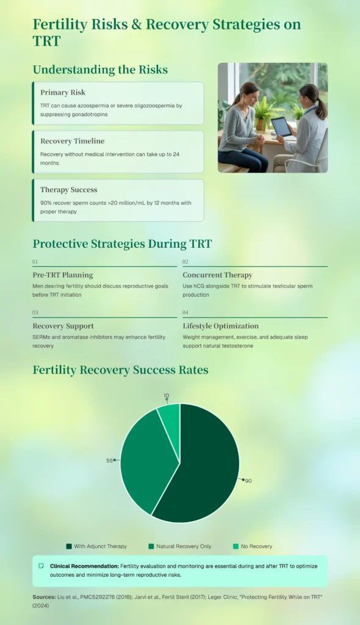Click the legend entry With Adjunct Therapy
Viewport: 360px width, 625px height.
96,546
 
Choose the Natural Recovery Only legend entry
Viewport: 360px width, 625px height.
180,546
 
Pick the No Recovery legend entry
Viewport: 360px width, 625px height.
253,546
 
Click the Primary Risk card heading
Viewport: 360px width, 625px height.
63,93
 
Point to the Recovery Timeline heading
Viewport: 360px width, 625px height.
72,141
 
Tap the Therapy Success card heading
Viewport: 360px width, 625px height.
68,190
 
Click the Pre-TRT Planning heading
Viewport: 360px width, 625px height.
63,275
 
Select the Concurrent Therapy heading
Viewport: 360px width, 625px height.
217,275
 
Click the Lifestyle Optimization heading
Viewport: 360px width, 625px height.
220,326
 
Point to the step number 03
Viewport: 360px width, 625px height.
35,312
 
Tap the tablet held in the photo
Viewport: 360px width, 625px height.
281,127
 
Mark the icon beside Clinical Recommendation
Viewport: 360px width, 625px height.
41,566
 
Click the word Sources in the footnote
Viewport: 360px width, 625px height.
44,597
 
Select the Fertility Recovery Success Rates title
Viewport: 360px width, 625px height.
120,370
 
